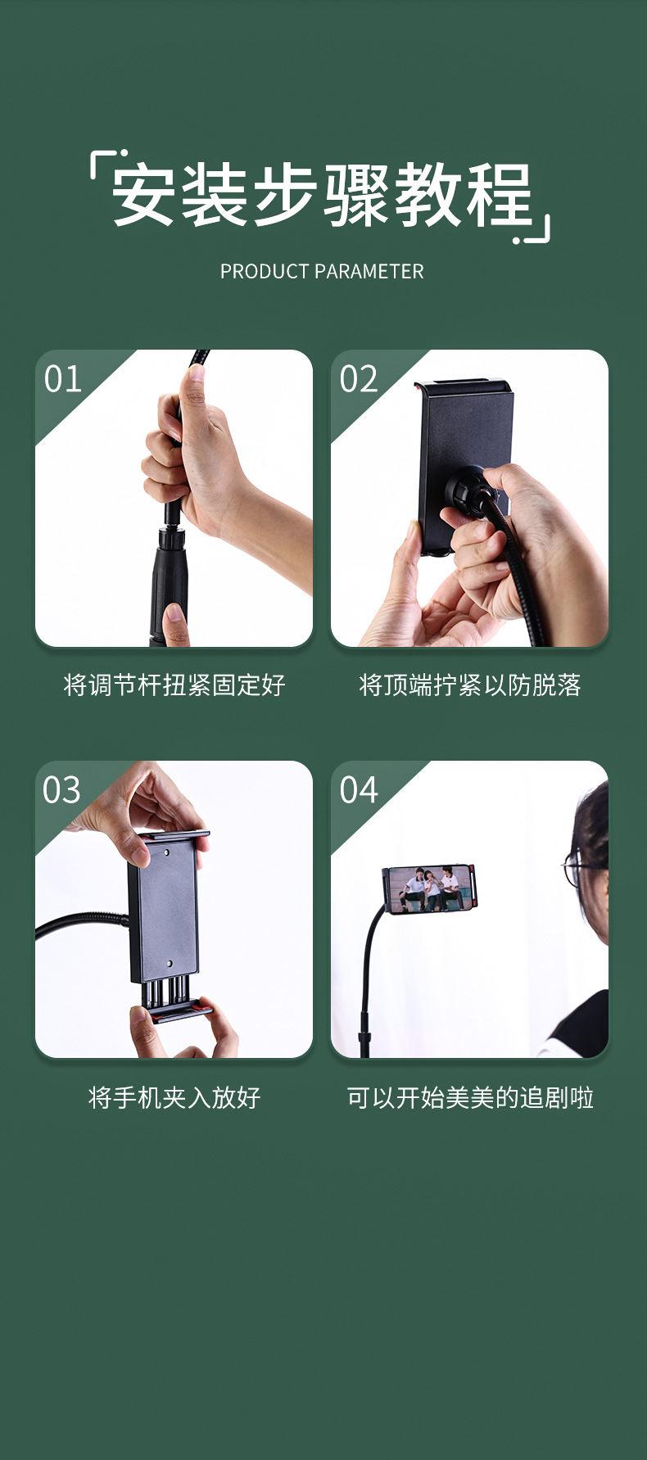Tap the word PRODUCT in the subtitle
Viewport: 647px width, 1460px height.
265,272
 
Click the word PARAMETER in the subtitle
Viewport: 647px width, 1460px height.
369,272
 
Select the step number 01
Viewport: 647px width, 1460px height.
63,379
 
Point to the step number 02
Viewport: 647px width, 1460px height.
359,379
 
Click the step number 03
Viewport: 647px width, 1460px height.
62,790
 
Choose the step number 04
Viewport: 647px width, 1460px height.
359,790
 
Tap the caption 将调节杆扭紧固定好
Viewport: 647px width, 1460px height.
174,685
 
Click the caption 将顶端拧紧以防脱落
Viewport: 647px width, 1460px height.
470,685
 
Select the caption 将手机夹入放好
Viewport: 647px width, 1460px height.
174,1097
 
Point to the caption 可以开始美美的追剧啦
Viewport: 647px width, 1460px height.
470,1097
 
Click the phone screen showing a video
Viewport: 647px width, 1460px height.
430,889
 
